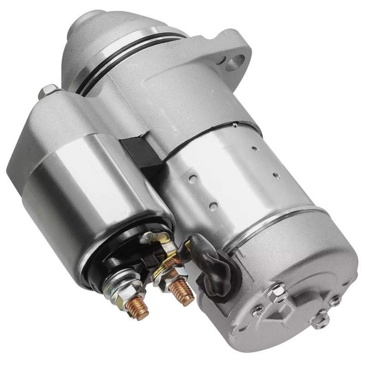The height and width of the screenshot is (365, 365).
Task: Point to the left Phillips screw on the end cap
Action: click(x=258, y=311)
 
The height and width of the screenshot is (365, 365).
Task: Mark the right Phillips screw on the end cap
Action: click(x=336, y=300)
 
